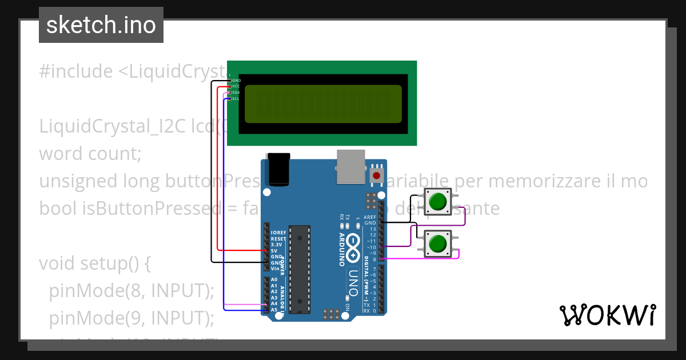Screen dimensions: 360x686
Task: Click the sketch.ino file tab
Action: click(101, 25)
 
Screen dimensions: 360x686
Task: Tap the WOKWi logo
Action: click(607, 315)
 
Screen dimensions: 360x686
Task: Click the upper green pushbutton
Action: click(437, 202)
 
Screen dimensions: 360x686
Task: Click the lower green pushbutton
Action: click(437, 243)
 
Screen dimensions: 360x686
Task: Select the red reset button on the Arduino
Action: click(377, 175)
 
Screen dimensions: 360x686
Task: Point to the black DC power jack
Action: click(278, 169)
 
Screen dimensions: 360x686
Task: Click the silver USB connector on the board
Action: click(350, 167)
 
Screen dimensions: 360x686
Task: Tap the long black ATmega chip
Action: click(299, 269)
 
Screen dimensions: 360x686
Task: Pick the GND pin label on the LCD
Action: click(236, 81)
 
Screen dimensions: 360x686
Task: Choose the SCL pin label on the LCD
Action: click(236, 99)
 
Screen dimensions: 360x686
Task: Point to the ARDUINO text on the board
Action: click(341, 250)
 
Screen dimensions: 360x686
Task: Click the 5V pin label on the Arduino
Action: click(274, 251)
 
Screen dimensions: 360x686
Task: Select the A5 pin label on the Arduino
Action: click(274, 310)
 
